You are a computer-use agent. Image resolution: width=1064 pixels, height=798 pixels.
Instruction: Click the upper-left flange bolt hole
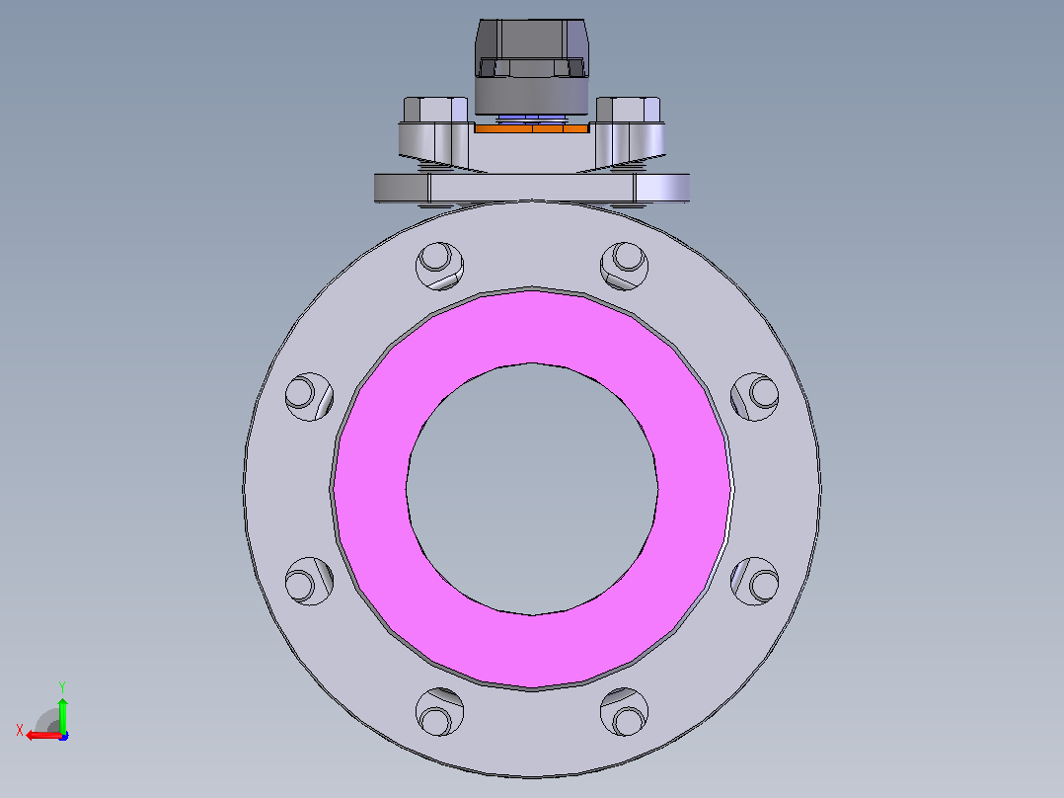pos(440,266)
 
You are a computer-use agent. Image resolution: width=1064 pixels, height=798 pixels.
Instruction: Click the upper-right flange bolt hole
pos(624,266)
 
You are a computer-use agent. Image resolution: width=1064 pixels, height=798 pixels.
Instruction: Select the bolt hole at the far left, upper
pos(310,397)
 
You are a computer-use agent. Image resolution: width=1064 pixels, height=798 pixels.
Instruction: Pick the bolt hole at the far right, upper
pos(754,397)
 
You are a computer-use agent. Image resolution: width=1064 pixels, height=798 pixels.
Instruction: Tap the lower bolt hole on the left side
pos(310,582)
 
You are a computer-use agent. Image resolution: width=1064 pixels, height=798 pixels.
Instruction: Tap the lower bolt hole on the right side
pos(754,582)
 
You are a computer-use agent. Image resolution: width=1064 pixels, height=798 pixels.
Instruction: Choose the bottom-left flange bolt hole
pos(440,712)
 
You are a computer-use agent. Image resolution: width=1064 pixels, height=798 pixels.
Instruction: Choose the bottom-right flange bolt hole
pos(624,712)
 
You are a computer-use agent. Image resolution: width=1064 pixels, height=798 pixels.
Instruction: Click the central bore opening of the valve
pos(532,489)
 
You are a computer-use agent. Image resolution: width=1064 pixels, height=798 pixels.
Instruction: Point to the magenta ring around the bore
pos(532,326)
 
